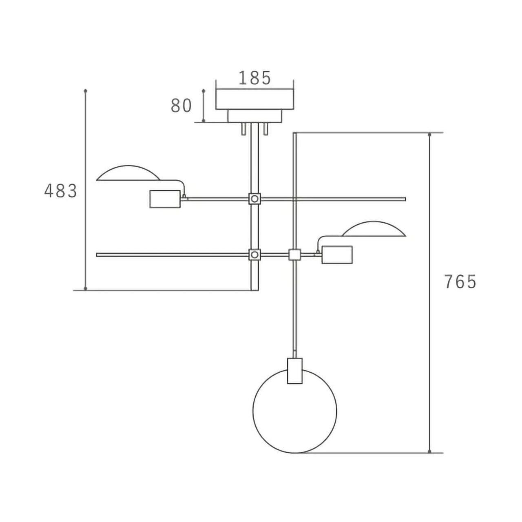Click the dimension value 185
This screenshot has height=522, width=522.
(254, 78)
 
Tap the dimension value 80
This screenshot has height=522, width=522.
(181, 106)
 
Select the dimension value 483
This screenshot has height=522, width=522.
(61, 191)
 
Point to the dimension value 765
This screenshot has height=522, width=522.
(460, 282)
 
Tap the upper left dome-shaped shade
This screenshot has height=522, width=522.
(128, 166)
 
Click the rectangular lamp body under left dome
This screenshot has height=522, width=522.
(165, 199)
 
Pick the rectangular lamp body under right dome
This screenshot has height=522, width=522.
(337, 254)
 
